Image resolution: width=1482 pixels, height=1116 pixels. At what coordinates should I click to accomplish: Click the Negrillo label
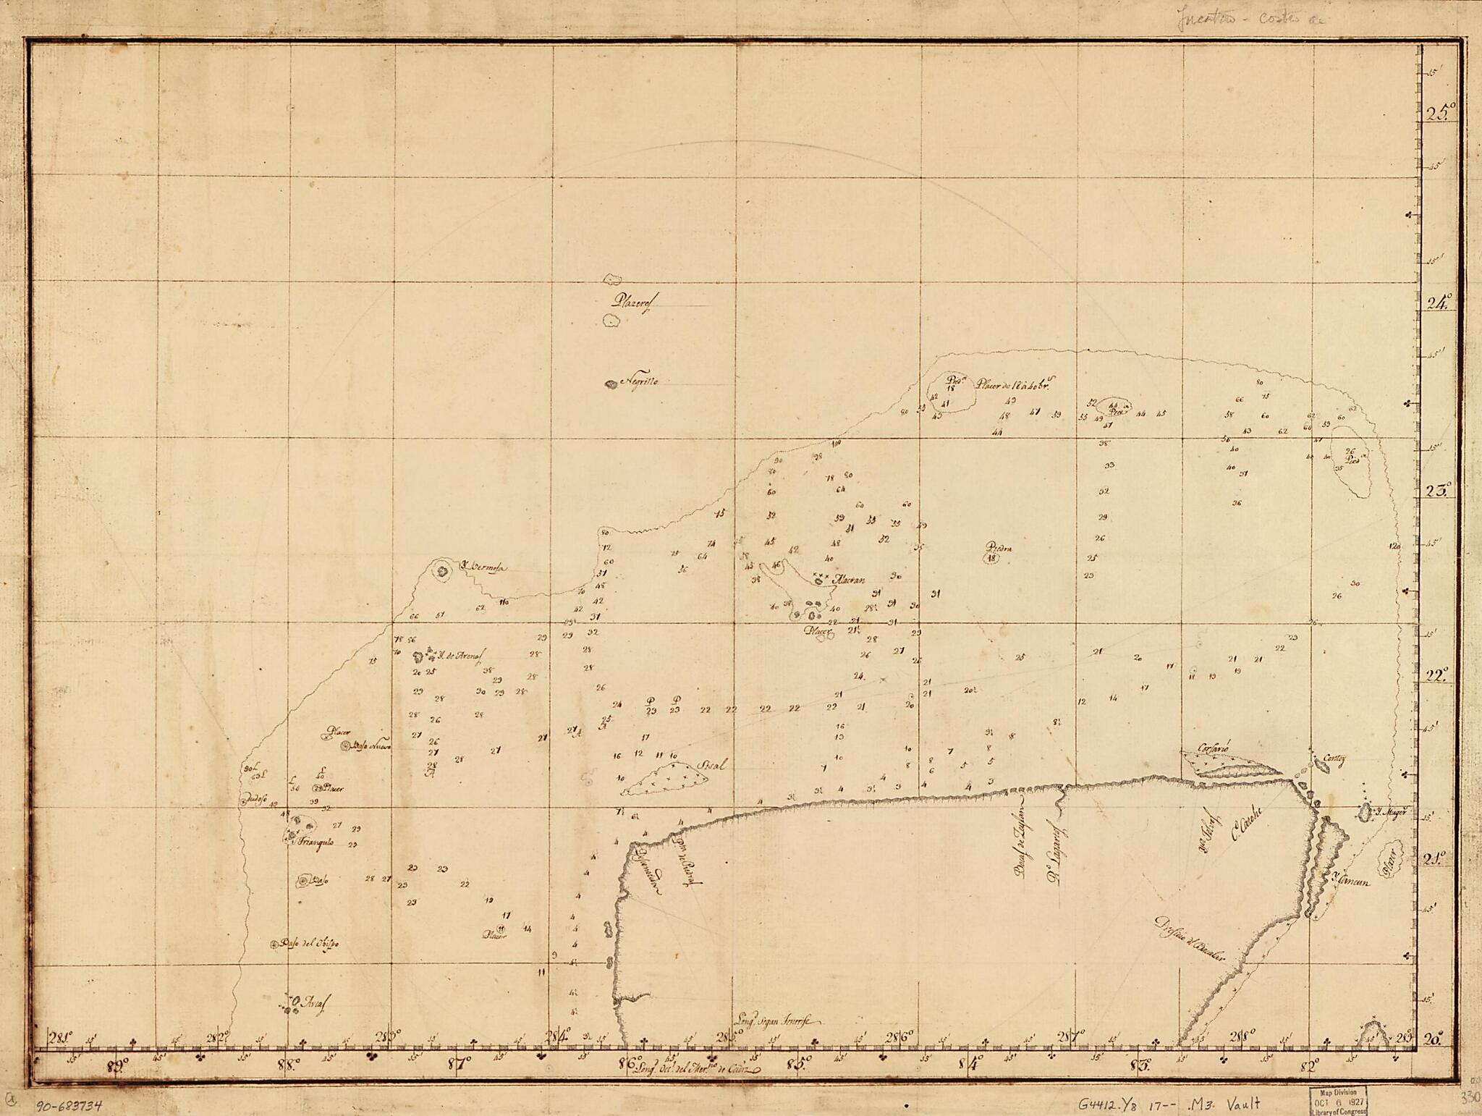coord(638,383)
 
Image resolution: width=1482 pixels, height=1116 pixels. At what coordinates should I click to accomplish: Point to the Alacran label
coord(849,579)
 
